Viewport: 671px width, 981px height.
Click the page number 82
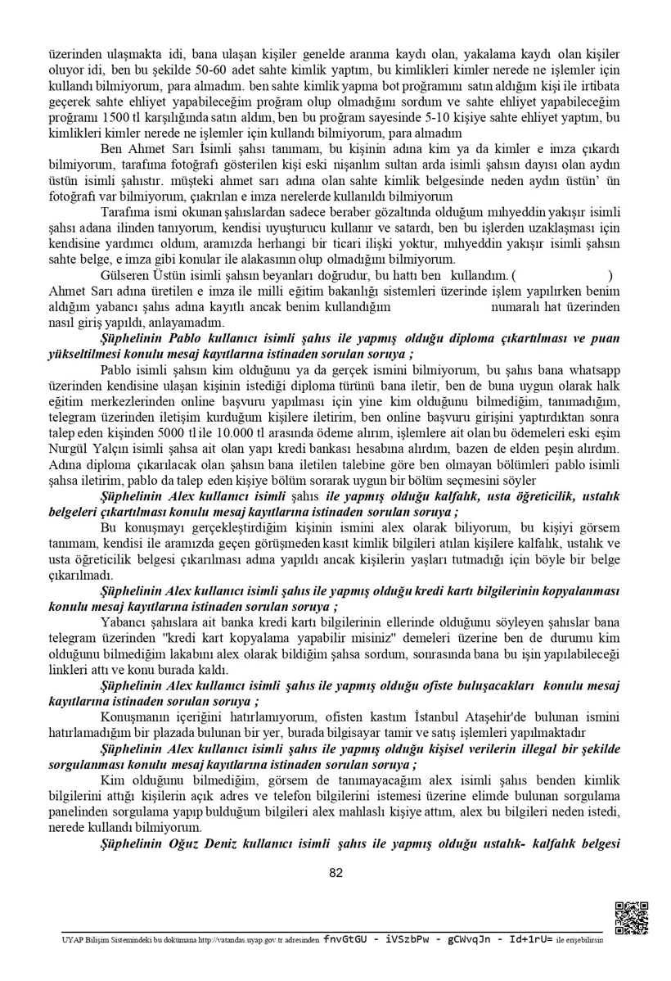[335, 872]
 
